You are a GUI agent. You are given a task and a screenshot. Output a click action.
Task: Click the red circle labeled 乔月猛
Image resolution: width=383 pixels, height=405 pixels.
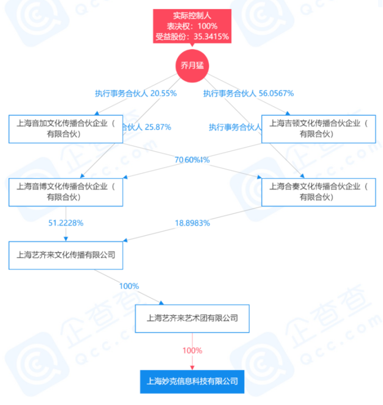click(192, 65)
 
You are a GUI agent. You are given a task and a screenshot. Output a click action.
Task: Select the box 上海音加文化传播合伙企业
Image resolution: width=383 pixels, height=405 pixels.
click(65, 129)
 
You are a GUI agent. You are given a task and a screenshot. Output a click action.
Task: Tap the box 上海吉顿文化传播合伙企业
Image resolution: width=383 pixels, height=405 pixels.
click(318, 129)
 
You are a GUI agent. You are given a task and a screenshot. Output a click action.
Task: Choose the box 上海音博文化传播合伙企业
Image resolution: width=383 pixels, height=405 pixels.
click(65, 192)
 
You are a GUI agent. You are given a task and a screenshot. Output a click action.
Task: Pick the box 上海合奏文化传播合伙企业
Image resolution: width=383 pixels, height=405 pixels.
click(318, 192)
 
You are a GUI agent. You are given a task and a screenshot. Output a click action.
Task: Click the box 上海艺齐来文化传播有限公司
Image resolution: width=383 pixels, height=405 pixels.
click(65, 255)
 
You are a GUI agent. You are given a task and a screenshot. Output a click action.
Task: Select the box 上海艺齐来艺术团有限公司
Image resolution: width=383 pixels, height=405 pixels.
click(192, 318)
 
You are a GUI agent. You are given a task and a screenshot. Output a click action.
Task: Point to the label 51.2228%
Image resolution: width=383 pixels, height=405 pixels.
click(66, 223)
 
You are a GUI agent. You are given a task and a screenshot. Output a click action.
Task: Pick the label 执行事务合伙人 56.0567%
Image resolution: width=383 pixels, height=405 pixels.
click(249, 93)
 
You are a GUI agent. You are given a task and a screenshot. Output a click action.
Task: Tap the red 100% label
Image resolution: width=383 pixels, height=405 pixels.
click(192, 350)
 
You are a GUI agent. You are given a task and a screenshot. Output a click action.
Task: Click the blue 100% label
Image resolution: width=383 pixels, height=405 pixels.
click(128, 286)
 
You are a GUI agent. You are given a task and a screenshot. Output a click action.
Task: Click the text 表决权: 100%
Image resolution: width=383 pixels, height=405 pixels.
click(192, 26)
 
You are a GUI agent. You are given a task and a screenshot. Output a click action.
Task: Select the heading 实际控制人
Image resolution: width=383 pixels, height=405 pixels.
click(192, 16)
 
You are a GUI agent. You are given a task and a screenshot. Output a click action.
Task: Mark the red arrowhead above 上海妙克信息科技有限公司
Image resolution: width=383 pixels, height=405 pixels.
click(192, 367)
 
